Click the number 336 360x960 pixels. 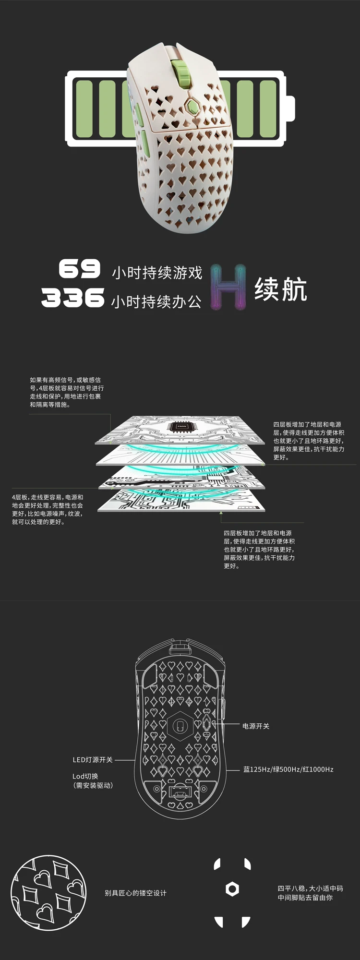pos(72,298)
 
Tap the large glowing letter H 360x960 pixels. pos(228,286)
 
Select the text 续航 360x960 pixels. pos(281,289)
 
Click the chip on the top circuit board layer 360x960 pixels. pos(181,426)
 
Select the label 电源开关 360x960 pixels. pos(256,726)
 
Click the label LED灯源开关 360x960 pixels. pos(93,760)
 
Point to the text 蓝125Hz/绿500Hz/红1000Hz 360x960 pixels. pos(288,769)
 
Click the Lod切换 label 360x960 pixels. pos(85,776)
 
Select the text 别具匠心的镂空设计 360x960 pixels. pos(135,893)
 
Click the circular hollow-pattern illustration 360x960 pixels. pos(48,892)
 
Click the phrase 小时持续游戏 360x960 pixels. pos(157,273)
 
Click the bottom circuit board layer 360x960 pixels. pos(180,502)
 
